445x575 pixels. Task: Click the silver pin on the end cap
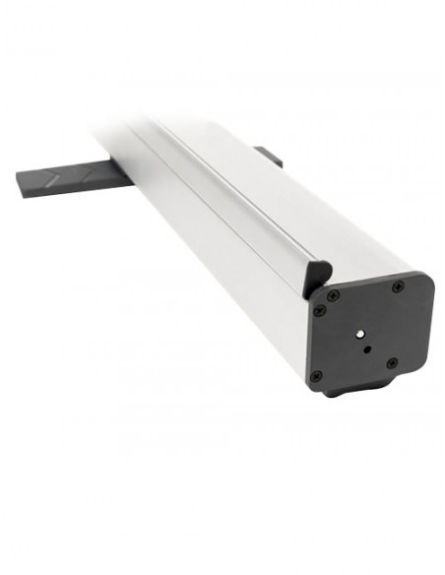point(360,334)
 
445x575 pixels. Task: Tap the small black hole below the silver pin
point(366,349)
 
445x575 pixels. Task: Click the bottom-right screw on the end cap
point(392,363)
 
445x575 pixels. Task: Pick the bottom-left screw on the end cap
point(315,376)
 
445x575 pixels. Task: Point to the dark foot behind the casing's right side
point(268,156)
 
